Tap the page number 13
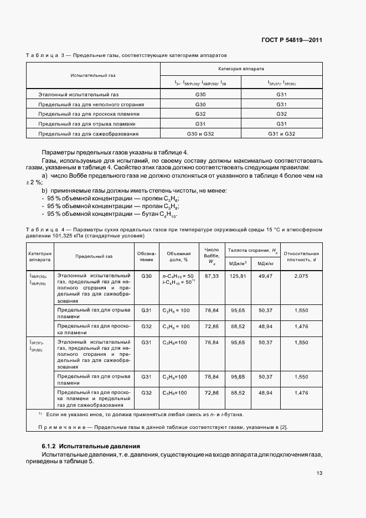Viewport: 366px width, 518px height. (319, 473)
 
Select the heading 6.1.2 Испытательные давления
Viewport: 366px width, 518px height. (91, 446)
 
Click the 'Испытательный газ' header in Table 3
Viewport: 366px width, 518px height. (93, 75)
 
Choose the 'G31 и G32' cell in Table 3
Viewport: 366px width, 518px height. (281, 134)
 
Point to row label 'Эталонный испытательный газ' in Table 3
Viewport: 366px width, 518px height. (79, 95)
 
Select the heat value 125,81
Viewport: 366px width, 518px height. (238, 275)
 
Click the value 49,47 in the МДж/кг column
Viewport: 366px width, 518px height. (266, 275)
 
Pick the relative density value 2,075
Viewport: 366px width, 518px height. (302, 275)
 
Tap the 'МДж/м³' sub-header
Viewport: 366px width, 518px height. (238, 263)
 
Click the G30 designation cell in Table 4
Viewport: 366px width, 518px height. (146, 275)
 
